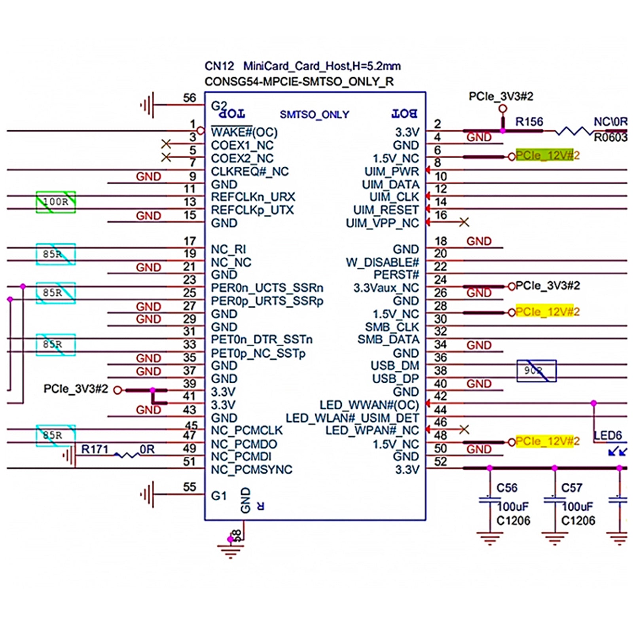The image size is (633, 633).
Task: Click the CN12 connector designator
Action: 219,66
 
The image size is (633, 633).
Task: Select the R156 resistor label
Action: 529,122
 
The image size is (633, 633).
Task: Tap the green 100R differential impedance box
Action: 56,202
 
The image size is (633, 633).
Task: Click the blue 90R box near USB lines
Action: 536,371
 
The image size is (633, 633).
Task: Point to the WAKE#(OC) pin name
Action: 244,132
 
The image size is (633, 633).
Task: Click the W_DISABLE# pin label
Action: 382,262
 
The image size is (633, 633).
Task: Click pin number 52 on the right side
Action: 440,462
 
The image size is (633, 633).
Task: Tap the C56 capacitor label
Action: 507,488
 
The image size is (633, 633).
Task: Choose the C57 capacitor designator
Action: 572,488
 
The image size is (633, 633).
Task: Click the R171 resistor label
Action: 95,449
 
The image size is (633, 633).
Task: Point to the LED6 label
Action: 608,436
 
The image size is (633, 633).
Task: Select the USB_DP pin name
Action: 395,379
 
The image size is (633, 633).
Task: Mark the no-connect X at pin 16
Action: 464,222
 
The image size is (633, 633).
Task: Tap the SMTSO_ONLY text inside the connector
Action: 314,115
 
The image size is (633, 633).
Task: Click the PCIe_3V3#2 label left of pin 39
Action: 76,389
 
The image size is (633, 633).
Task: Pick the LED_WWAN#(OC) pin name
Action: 369,405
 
